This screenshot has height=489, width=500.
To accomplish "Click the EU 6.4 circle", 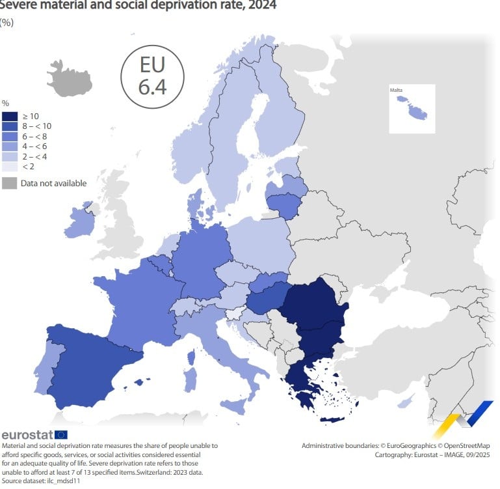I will point(153,76).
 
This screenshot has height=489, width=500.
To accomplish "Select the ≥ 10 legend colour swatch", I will point(10,116).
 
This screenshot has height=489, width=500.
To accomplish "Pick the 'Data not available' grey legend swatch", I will point(9,183).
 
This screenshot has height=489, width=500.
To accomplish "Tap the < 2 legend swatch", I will point(10,167).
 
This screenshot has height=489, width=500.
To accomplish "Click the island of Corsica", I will point(192,356).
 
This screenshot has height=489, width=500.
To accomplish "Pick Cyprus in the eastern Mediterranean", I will point(404,403).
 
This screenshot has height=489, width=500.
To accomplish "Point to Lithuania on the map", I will point(283,206).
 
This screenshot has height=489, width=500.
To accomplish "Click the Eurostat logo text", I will point(27,434).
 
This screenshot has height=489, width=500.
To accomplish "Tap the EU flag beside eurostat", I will point(61,434).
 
